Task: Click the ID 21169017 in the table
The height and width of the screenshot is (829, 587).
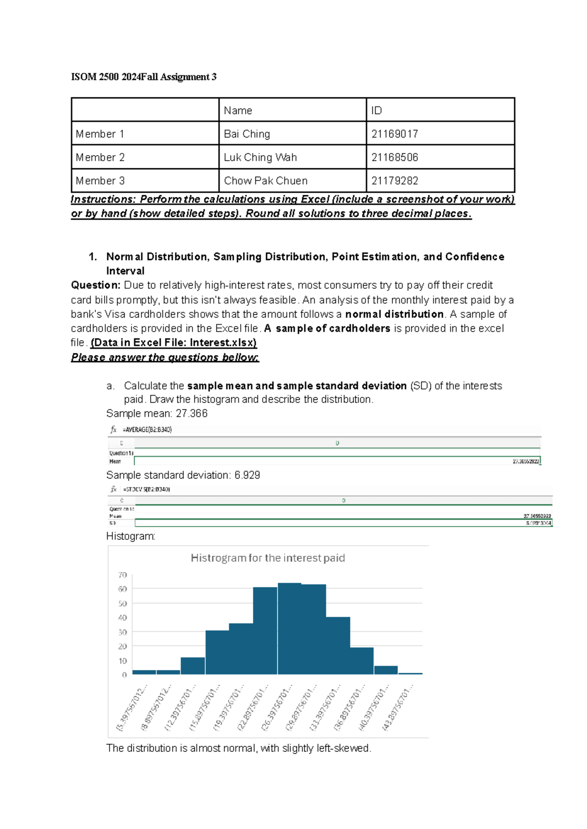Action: click(x=394, y=134)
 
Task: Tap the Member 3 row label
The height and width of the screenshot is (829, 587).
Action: click(x=100, y=181)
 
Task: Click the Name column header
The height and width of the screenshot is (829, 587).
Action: click(x=238, y=111)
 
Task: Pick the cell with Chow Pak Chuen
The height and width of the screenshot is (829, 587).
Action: click(x=266, y=181)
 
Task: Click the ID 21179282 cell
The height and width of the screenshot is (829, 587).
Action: click(x=394, y=181)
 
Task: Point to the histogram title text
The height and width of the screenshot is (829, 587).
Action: click(x=268, y=558)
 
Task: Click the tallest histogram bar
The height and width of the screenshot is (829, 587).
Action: click(x=289, y=629)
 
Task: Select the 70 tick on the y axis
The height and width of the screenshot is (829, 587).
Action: click(x=122, y=575)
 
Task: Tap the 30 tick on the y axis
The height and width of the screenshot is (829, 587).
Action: click(x=122, y=632)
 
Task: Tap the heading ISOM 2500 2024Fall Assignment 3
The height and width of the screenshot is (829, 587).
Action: click(x=143, y=77)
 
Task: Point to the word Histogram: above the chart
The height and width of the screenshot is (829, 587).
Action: click(x=131, y=536)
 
